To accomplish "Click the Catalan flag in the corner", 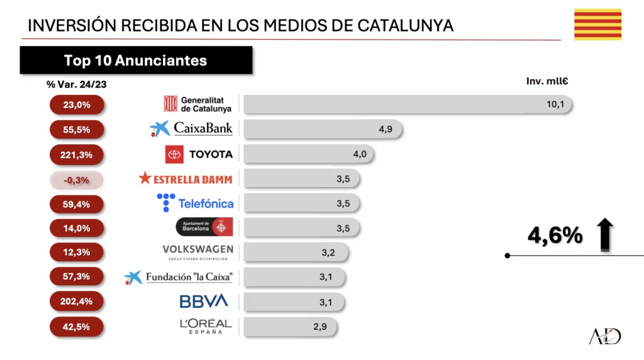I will pyautogui.click(x=597, y=25).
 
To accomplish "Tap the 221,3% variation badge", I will pyautogui.click(x=77, y=155).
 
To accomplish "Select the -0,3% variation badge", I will pyautogui.click(x=77, y=180).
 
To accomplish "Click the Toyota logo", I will pyautogui.click(x=199, y=154).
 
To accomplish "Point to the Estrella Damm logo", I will pyautogui.click(x=186, y=179).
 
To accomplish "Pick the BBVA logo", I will pyautogui.click(x=204, y=301).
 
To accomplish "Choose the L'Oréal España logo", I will pyautogui.click(x=206, y=326).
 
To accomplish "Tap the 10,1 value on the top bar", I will pyautogui.click(x=555, y=104).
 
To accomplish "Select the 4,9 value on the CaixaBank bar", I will pyautogui.click(x=386, y=129).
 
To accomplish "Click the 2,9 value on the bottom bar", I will pyautogui.click(x=321, y=327).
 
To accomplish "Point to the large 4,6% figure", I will pyautogui.click(x=555, y=235).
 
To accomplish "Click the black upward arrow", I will pyautogui.click(x=605, y=234).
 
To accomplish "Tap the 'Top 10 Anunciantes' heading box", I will pyautogui.click(x=136, y=60).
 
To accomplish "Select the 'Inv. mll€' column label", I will pyautogui.click(x=547, y=81).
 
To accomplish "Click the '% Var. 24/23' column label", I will pyautogui.click(x=72, y=84).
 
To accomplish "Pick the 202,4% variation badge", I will pyautogui.click(x=77, y=301).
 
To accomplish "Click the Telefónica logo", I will pyautogui.click(x=195, y=203).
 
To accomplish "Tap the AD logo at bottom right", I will pyautogui.click(x=604, y=336).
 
